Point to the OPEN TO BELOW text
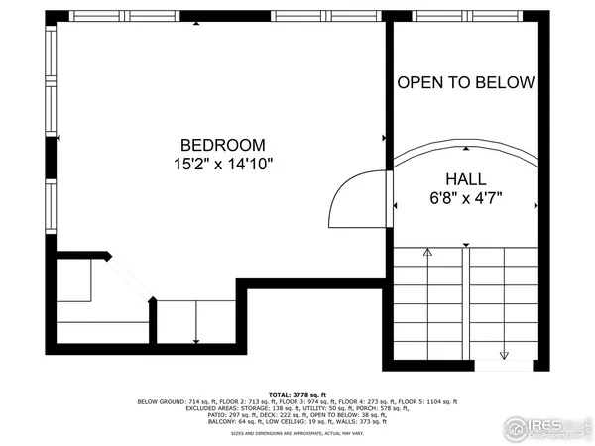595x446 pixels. [x=466, y=82]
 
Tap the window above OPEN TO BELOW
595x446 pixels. [x=466, y=16]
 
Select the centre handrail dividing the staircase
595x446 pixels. [x=466, y=302]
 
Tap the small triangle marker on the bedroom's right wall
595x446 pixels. [x=383, y=138]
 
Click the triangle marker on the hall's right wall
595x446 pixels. [x=535, y=205]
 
